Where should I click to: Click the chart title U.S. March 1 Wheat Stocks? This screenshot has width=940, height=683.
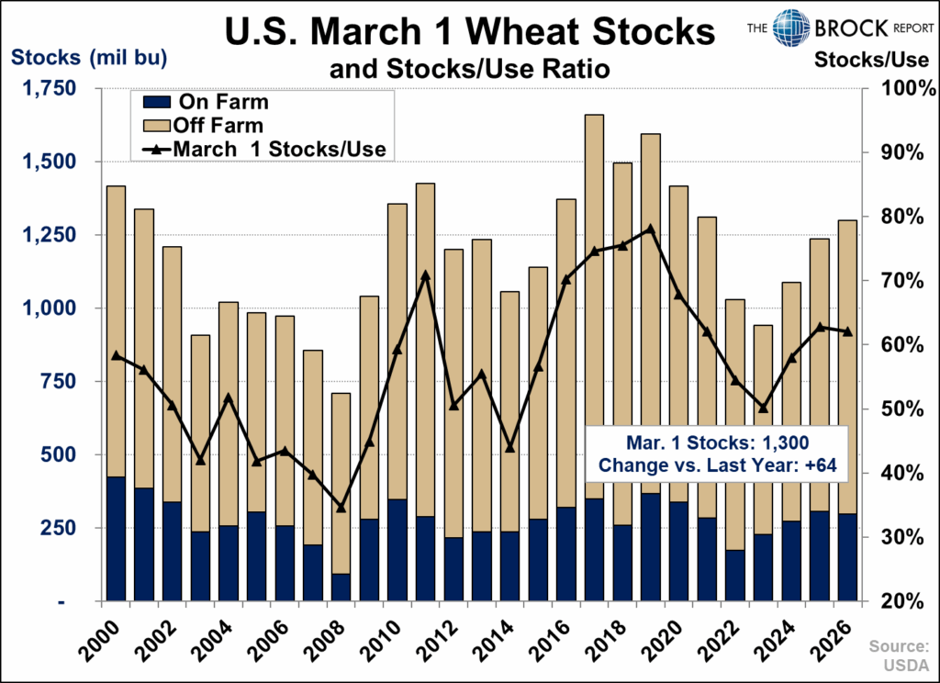tap(470, 33)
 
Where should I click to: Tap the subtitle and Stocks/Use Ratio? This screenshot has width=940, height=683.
tap(470, 69)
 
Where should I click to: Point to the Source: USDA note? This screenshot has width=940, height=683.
tap(906, 653)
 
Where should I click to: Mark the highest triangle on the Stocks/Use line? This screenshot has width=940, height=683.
tap(650, 229)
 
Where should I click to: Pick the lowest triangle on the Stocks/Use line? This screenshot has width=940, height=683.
tap(341, 508)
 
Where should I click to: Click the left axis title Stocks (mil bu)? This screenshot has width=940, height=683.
tap(88, 58)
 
